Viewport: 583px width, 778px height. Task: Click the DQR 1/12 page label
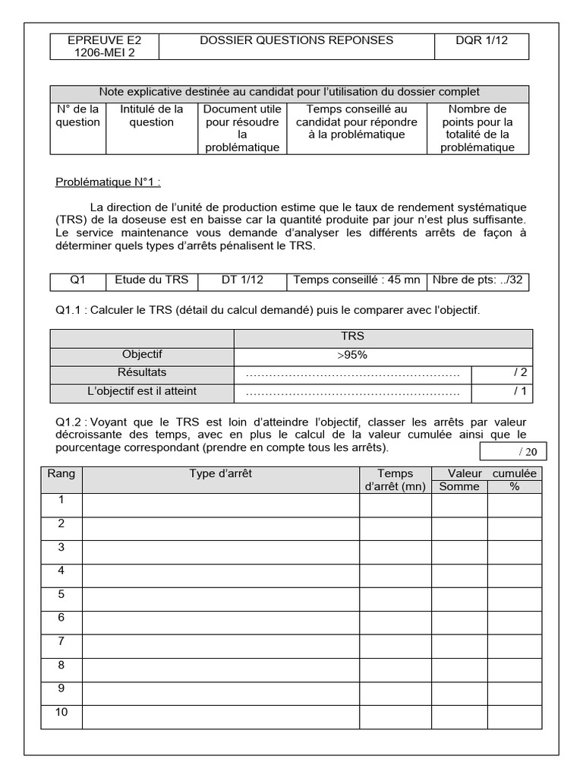481,40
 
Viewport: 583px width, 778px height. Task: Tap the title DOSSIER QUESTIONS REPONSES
296,40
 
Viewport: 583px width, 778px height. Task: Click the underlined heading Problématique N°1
109,182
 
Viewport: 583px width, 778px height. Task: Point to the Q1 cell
77,280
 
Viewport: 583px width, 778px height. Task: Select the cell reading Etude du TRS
151,280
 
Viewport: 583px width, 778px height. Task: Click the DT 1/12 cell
242,280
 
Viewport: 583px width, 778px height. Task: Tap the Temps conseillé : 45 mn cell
356,280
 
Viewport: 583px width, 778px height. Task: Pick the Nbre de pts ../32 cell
477,280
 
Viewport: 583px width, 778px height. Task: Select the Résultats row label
143,373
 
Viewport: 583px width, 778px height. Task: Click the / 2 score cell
519,373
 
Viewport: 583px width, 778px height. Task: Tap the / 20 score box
513,451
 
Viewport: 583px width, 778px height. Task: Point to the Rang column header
61,473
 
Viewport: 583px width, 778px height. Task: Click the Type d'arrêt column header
220,473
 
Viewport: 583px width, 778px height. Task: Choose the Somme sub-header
459,486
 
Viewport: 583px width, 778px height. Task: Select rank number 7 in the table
61,642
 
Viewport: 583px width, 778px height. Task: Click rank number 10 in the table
61,712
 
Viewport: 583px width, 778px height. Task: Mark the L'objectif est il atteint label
143,392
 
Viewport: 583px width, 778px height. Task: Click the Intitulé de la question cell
152,116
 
